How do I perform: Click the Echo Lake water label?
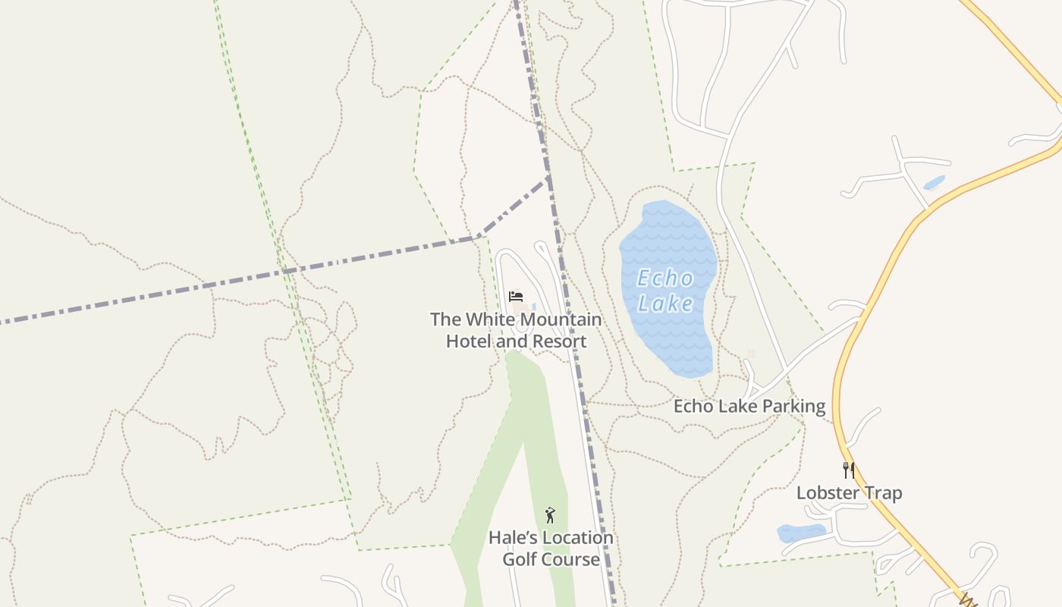[x=665, y=291]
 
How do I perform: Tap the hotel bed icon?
[x=516, y=296]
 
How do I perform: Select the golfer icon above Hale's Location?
[x=550, y=515]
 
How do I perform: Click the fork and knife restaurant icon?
[x=849, y=470]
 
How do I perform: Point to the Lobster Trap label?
[x=849, y=493]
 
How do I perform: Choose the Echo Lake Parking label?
[x=749, y=406]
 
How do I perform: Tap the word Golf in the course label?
[x=520, y=560]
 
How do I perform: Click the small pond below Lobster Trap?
[x=801, y=533]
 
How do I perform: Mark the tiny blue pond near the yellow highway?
[x=934, y=183]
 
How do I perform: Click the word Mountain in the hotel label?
[x=562, y=319]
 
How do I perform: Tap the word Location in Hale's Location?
[x=577, y=538]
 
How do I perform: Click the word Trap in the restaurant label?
[x=884, y=493]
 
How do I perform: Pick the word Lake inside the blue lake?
[x=665, y=303]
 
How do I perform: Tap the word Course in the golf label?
[x=570, y=560]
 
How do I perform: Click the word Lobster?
[x=828, y=493]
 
